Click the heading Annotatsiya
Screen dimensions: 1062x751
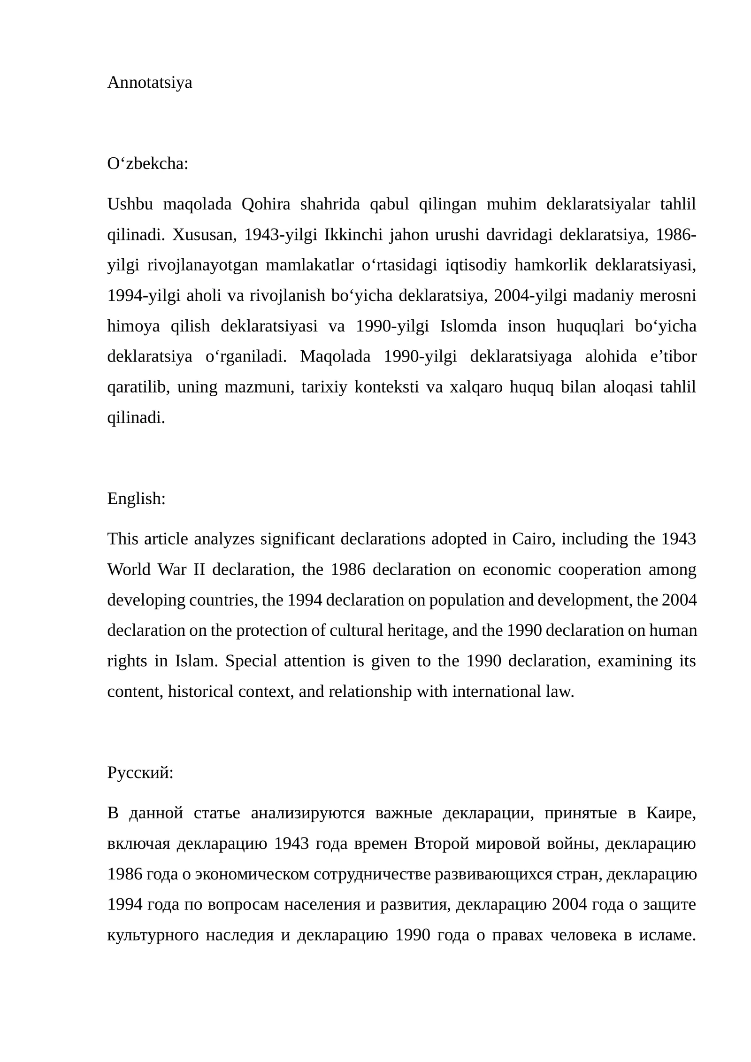[149, 83]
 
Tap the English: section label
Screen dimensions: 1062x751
[136, 498]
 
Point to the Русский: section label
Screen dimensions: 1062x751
[140, 772]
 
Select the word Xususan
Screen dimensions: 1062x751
[204, 235]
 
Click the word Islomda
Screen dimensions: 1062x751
[468, 326]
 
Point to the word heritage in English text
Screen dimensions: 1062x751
[417, 630]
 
